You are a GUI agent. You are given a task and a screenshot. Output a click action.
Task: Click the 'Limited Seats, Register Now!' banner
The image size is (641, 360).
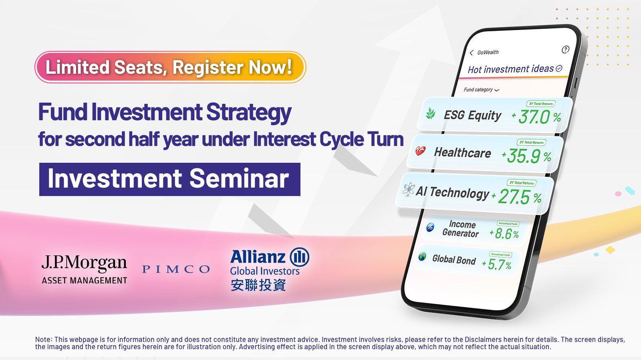170,67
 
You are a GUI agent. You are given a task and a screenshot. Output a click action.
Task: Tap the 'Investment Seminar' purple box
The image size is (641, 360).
170,179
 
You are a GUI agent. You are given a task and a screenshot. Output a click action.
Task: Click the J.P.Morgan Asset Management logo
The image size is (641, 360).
85,269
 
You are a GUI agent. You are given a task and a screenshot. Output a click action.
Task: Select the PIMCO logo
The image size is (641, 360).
176,269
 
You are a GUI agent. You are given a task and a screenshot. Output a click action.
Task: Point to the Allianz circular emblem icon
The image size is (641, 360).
299,257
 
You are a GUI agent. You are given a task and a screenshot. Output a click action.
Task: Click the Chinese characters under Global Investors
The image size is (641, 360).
258,285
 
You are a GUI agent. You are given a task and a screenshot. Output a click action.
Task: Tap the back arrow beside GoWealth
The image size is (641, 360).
472,53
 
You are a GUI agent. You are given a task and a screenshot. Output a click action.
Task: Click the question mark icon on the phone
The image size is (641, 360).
565,50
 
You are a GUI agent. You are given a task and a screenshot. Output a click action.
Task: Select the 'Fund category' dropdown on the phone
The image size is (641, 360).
481,90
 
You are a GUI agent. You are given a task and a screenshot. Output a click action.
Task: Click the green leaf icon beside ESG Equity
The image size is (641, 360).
431,113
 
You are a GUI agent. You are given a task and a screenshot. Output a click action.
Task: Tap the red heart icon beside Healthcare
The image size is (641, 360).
420,151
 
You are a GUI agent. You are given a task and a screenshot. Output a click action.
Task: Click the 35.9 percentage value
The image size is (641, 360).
523,156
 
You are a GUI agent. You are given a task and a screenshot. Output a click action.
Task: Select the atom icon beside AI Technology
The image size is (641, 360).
409,189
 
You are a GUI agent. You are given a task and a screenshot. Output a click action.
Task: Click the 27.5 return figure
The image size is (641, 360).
514,196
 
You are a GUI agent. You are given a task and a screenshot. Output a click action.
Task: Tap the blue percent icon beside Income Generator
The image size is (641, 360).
430,227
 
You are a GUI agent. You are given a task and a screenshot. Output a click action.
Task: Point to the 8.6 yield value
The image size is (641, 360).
503,233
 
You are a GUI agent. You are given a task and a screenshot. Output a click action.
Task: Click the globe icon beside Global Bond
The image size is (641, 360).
422,256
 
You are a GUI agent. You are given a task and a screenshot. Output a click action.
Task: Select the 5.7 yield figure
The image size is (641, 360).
496,264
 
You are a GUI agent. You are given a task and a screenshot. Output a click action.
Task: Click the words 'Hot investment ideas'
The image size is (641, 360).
511,69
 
